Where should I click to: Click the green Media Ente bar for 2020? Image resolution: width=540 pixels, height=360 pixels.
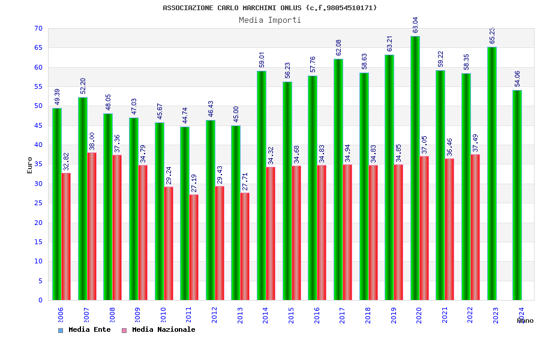click(415, 168)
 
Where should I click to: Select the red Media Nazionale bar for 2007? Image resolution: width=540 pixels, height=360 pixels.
click(92, 226)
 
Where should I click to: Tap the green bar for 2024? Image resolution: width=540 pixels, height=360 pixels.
click(517, 195)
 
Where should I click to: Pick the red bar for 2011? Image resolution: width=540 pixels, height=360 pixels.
click(194, 247)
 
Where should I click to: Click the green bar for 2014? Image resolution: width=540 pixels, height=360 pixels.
click(262, 185)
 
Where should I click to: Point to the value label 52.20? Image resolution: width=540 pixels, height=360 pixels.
click(83, 86)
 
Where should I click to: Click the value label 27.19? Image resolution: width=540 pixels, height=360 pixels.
click(194, 183)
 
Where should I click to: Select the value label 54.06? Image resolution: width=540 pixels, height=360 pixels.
click(517, 79)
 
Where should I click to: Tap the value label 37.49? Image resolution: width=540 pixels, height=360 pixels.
click(475, 143)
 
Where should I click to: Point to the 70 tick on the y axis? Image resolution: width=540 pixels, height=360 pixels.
click(38, 29)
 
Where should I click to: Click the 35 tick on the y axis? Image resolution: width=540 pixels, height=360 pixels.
click(38, 164)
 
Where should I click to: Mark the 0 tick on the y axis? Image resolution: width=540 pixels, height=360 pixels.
click(40, 300)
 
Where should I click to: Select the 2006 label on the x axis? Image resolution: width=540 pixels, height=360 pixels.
click(61, 316)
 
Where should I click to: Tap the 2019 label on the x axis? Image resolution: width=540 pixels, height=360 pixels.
click(394, 316)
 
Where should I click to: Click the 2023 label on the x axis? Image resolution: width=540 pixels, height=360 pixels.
click(496, 316)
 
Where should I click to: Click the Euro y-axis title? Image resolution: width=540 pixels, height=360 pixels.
click(30, 165)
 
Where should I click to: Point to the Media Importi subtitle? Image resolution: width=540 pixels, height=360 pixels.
click(270, 20)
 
